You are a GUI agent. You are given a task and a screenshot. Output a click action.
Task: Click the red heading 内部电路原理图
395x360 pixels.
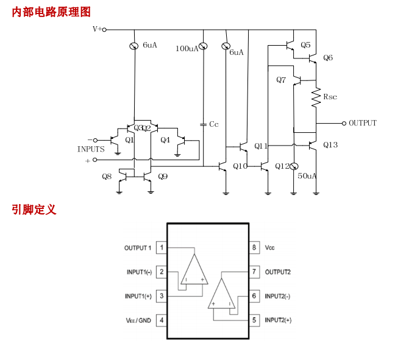[51, 12]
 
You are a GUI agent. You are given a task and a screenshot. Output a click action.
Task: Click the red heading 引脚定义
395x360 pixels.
[34, 210]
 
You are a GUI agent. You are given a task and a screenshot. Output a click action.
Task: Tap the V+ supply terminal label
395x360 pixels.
[97, 29]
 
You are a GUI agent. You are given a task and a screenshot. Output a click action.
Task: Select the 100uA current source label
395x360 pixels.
[187, 49]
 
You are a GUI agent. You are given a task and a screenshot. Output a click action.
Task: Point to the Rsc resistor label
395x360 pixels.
[330, 97]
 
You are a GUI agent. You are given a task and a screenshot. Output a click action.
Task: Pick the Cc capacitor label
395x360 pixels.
[213, 124]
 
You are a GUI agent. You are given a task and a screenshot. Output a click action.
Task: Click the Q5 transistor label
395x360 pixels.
[305, 45]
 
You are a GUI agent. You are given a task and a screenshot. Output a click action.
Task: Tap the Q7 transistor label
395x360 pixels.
[281, 80]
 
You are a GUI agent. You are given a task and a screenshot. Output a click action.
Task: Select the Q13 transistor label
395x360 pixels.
[330, 145]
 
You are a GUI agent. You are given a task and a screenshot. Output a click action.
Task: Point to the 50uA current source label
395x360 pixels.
[307, 176]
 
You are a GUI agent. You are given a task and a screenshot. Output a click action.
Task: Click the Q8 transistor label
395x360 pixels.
[107, 177]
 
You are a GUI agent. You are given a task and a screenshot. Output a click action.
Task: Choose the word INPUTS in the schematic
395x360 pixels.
[91, 149]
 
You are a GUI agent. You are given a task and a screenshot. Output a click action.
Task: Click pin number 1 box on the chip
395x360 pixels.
[162, 248]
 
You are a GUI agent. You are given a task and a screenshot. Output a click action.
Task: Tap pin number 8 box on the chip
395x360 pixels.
[254, 248]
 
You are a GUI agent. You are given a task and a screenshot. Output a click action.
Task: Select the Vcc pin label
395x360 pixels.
[269, 248]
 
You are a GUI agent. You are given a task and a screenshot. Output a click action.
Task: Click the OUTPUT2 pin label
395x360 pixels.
[278, 272]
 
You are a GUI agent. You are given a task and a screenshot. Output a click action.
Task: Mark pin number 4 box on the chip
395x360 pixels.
[162, 320]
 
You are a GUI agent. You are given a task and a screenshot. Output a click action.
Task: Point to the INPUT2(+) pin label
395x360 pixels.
[278, 320]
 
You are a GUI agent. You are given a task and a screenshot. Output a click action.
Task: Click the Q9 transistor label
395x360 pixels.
[163, 177]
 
